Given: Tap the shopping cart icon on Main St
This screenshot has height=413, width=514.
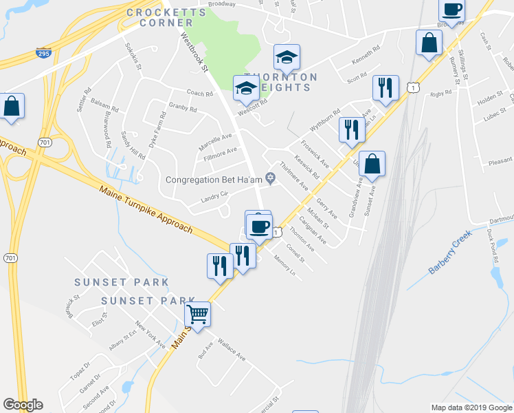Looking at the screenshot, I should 197,315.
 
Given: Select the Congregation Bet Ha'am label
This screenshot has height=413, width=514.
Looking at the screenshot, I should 214,180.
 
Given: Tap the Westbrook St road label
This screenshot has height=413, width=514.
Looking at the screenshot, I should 194,51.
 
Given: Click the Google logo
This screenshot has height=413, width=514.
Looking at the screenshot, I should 23,405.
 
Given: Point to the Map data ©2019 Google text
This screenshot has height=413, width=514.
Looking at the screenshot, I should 471,407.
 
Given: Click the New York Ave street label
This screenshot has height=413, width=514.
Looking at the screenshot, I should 150,334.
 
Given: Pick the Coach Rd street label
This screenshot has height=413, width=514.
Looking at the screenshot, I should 200,94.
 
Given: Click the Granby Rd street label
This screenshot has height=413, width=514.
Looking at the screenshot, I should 183,109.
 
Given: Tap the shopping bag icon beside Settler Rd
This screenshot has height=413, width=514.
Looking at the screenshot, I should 12,107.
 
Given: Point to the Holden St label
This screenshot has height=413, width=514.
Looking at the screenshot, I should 491,98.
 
